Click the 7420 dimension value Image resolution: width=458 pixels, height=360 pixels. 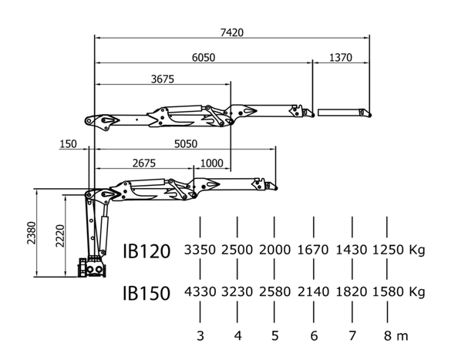[x=231, y=32]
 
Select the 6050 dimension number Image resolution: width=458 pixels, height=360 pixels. [x=204, y=58]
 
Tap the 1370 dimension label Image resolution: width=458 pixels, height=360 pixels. [x=341, y=58]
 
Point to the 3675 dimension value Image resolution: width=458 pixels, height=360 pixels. [x=163, y=79]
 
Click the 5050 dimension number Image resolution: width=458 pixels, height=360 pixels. [x=186, y=144]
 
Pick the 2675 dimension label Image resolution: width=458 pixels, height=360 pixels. [x=144, y=163]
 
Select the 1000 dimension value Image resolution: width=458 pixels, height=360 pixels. [x=212, y=163]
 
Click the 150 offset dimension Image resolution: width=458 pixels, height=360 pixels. [x=68, y=144]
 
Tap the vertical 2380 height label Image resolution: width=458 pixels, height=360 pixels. [x=32, y=233]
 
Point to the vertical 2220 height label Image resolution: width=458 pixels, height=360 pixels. [x=60, y=236]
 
